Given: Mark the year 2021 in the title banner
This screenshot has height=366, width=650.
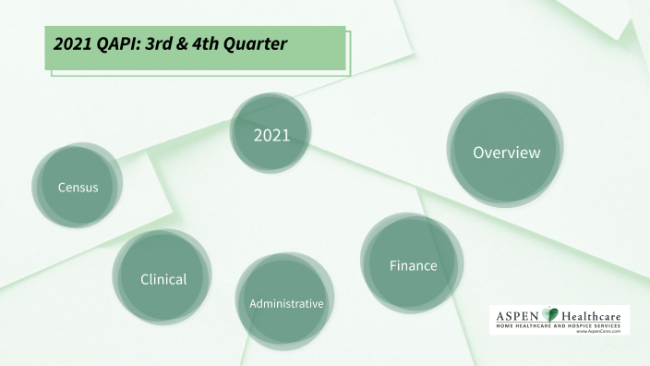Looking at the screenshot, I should (72, 43).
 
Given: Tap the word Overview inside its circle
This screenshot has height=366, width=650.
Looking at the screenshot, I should (506, 152).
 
